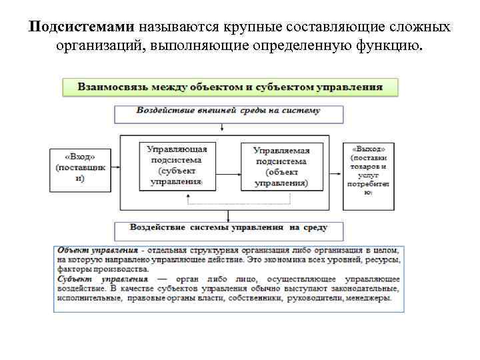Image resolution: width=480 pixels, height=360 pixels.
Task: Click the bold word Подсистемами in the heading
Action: pos(83,28)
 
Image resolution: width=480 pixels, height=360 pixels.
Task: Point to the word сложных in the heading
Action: pos(416,28)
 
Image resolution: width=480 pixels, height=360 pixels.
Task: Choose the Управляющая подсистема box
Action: pos(177,165)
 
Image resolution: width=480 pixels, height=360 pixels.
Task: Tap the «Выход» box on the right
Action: pos(368,171)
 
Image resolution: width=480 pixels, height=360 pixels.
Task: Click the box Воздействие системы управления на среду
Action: pos(229,228)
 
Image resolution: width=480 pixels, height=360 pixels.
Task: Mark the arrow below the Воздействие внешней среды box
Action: pos(229,129)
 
